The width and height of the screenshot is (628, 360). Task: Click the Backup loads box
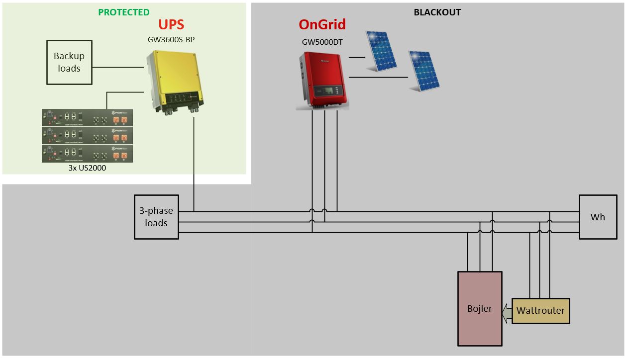coord(69,62)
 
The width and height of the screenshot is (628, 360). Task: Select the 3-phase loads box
coord(156,217)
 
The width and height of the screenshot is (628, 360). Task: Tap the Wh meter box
coord(598,217)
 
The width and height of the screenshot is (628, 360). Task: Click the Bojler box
coord(480,308)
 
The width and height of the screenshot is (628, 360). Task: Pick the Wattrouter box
coord(540,311)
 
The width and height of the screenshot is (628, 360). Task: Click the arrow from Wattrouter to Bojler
coord(507,311)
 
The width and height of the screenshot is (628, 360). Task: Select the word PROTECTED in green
coord(123,12)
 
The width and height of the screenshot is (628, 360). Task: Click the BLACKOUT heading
coord(437,12)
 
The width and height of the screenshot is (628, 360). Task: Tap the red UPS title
coord(171,24)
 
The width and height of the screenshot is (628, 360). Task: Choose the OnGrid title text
coord(322,24)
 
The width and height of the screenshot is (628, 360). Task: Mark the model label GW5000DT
coord(322,42)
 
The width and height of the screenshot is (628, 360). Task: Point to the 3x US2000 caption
coord(87,168)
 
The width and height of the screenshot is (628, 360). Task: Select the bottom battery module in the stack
coord(88,153)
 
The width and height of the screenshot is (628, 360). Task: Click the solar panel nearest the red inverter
coord(381,51)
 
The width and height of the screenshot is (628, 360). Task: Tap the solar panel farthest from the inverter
coord(423,71)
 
